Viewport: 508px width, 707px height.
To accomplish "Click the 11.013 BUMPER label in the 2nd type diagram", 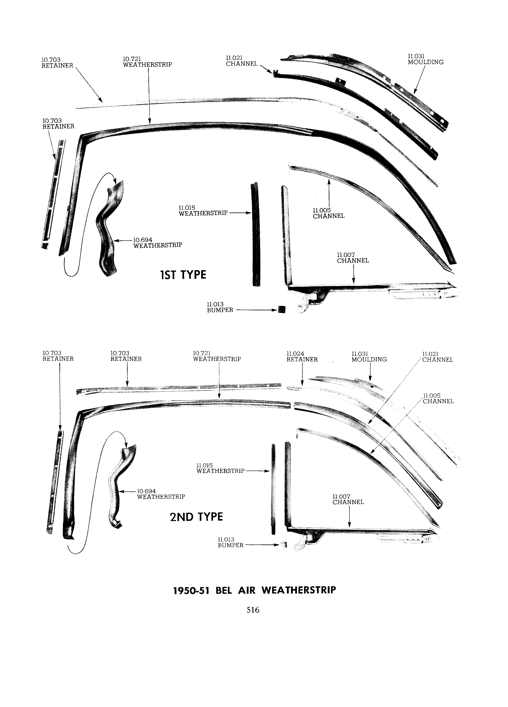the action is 231,543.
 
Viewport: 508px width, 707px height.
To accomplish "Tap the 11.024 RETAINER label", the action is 302,357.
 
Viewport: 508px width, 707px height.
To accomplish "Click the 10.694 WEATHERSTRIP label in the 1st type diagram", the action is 158,242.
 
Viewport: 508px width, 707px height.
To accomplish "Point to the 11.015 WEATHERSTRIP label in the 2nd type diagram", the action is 220,468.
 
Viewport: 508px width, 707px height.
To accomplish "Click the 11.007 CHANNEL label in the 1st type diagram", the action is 353,258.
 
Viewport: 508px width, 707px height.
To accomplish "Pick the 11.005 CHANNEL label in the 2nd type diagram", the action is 438,398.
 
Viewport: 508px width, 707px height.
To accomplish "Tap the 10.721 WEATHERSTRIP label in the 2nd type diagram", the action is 217,356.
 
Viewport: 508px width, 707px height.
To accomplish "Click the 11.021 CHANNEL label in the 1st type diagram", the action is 242,61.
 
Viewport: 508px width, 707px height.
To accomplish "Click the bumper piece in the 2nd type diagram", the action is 284,545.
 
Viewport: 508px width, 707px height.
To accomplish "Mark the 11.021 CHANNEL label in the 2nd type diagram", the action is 437,357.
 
